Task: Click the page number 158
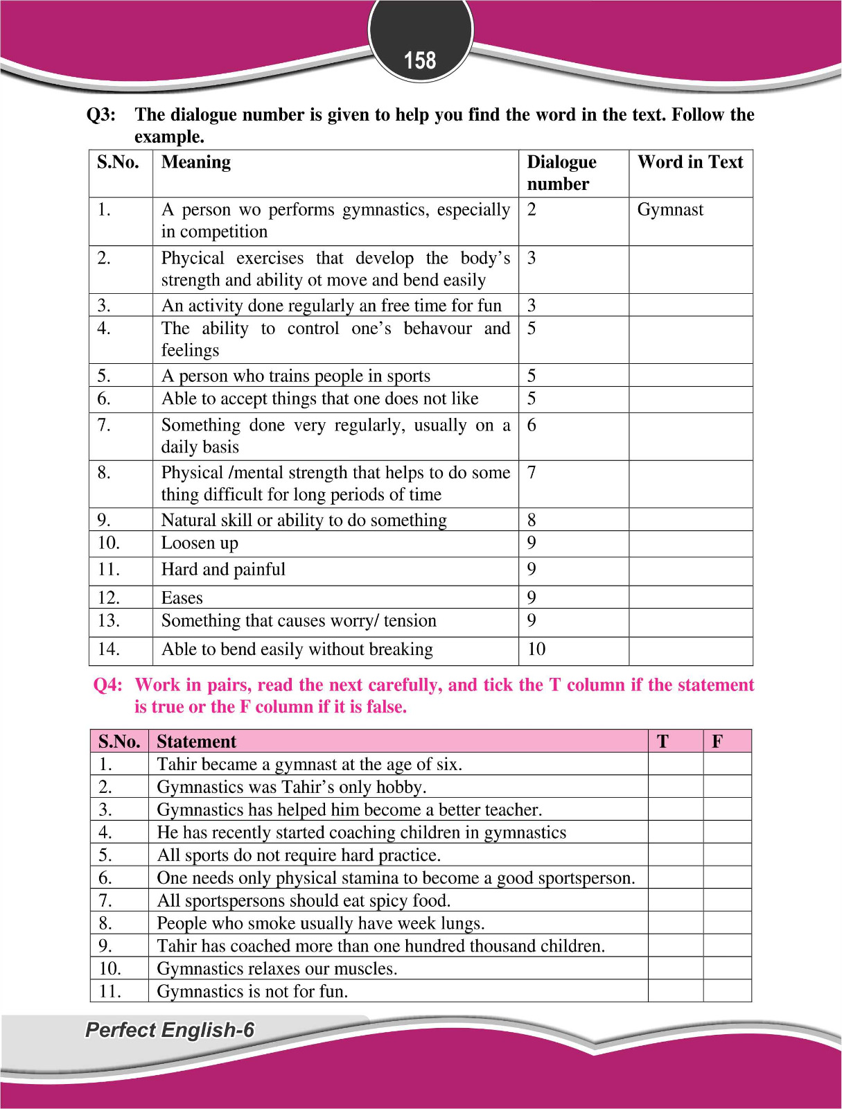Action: pos(420,61)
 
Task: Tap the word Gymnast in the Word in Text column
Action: pos(670,210)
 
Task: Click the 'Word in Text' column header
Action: pos(690,162)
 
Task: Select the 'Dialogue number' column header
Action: pos(561,173)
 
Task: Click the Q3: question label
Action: pos(100,115)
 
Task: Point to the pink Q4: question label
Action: pos(107,686)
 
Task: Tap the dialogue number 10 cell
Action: pos(536,649)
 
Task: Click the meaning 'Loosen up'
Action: pos(200,543)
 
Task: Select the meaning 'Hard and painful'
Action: pos(223,570)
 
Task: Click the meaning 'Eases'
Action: pos(182,598)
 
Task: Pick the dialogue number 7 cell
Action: pos(532,473)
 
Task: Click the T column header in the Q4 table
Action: pos(663,742)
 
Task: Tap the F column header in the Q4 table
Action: pos(717,742)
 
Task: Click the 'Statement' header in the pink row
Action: pos(197,742)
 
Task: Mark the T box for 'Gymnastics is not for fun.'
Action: pos(675,991)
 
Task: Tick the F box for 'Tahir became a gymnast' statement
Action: pos(727,765)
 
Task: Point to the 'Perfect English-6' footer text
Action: pos(170,1031)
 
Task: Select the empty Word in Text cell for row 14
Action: pos(690,650)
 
